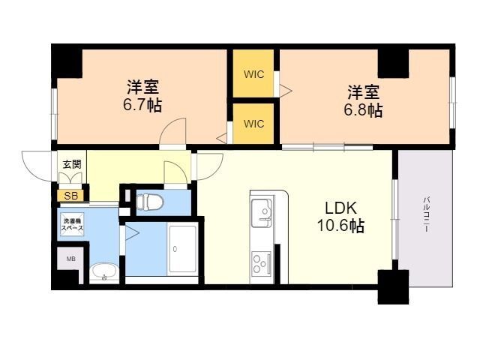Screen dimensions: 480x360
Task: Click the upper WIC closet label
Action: (253, 74)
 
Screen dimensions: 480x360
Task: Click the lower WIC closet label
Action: (253, 124)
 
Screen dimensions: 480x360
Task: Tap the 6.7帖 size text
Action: (142, 105)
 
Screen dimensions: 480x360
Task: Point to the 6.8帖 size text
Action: (363, 110)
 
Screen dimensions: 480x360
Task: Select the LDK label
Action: (340, 208)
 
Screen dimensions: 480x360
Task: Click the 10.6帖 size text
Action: (340, 226)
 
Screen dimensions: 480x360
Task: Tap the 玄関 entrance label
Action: (72, 164)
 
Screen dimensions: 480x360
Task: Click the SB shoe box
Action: (70, 196)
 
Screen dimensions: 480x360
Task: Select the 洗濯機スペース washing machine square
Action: (72, 224)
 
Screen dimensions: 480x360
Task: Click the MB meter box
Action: (71, 259)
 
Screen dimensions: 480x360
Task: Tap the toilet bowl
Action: (150, 202)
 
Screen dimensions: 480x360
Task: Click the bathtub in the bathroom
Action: (183, 249)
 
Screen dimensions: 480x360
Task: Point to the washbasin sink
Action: (105, 271)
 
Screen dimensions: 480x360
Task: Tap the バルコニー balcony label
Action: (427, 215)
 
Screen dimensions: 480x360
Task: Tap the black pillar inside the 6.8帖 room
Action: (393, 64)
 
